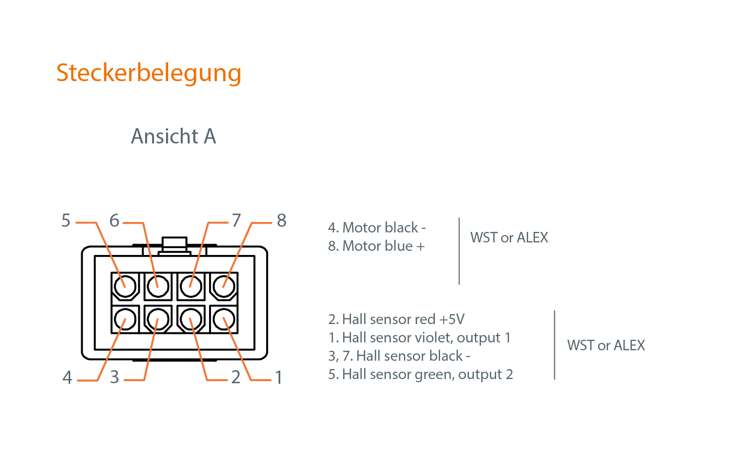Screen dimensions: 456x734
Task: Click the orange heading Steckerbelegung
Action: [149, 73]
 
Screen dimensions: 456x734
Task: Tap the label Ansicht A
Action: [173, 137]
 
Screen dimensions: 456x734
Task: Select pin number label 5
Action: [66, 221]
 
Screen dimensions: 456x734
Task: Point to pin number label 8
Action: [281, 221]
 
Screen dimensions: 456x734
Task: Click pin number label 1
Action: [279, 377]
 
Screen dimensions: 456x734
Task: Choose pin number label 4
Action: [67, 377]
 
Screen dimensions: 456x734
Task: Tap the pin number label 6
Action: [114, 221]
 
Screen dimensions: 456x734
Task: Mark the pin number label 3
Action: [115, 377]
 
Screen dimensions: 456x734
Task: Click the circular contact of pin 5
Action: [125, 286]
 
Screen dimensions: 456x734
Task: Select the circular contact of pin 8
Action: [224, 286]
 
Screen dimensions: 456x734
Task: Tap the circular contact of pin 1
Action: [224, 319]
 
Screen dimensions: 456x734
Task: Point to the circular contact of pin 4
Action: [125, 319]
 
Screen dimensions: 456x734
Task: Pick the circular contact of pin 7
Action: [191, 286]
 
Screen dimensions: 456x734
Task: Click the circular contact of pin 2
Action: [191, 319]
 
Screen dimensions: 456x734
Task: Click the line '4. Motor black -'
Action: [377, 228]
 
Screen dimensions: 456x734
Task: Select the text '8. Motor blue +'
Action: [376, 246]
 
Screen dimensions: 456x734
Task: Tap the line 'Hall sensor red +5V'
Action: [396, 319]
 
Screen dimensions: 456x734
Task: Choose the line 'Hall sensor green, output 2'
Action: [420, 374]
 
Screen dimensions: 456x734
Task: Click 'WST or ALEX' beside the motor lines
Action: [509, 238]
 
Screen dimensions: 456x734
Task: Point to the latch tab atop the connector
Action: [174, 244]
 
